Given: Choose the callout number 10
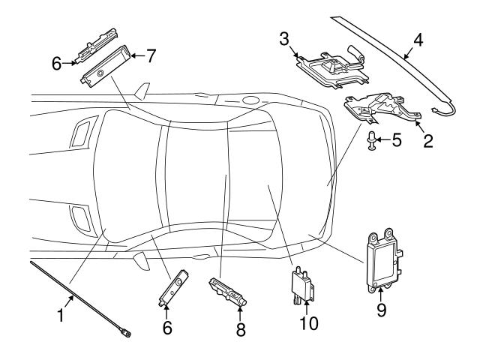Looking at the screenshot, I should [309, 323].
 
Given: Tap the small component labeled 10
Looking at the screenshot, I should [301, 285].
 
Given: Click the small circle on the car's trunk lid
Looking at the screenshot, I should [248, 100].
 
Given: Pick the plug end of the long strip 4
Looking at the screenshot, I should [436, 113].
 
